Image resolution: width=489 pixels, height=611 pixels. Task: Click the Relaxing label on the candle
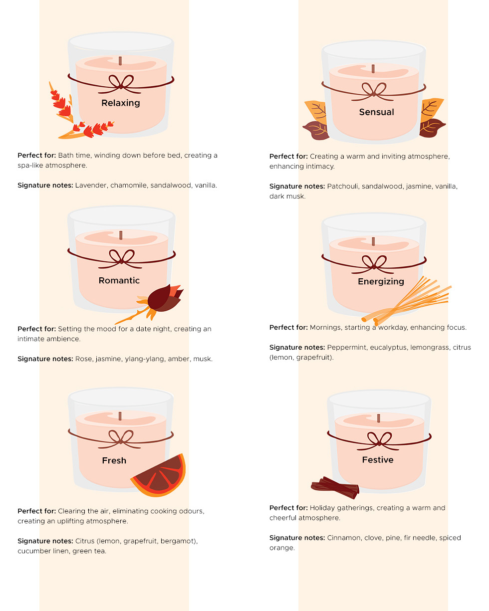pyautogui.click(x=121, y=103)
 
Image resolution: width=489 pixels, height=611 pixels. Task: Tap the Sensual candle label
pyautogui.click(x=376, y=112)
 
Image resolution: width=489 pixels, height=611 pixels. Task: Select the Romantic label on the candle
pyautogui.click(x=119, y=280)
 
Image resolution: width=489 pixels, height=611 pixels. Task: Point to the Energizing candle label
pyautogui.click(x=381, y=281)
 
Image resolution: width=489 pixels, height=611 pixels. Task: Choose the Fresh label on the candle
pyautogui.click(x=114, y=460)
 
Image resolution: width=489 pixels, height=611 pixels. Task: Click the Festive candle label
pyautogui.click(x=378, y=460)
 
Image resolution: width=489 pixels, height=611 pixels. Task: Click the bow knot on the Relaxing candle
pyautogui.click(x=121, y=86)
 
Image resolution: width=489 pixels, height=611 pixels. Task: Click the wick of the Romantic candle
pyautogui.click(x=121, y=235)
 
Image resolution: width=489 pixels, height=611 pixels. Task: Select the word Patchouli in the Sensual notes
pyautogui.click(x=343, y=186)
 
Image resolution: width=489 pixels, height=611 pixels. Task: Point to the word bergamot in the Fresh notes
pyautogui.click(x=178, y=541)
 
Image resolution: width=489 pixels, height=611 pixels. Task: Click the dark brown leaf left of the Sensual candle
pyautogui.click(x=316, y=130)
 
